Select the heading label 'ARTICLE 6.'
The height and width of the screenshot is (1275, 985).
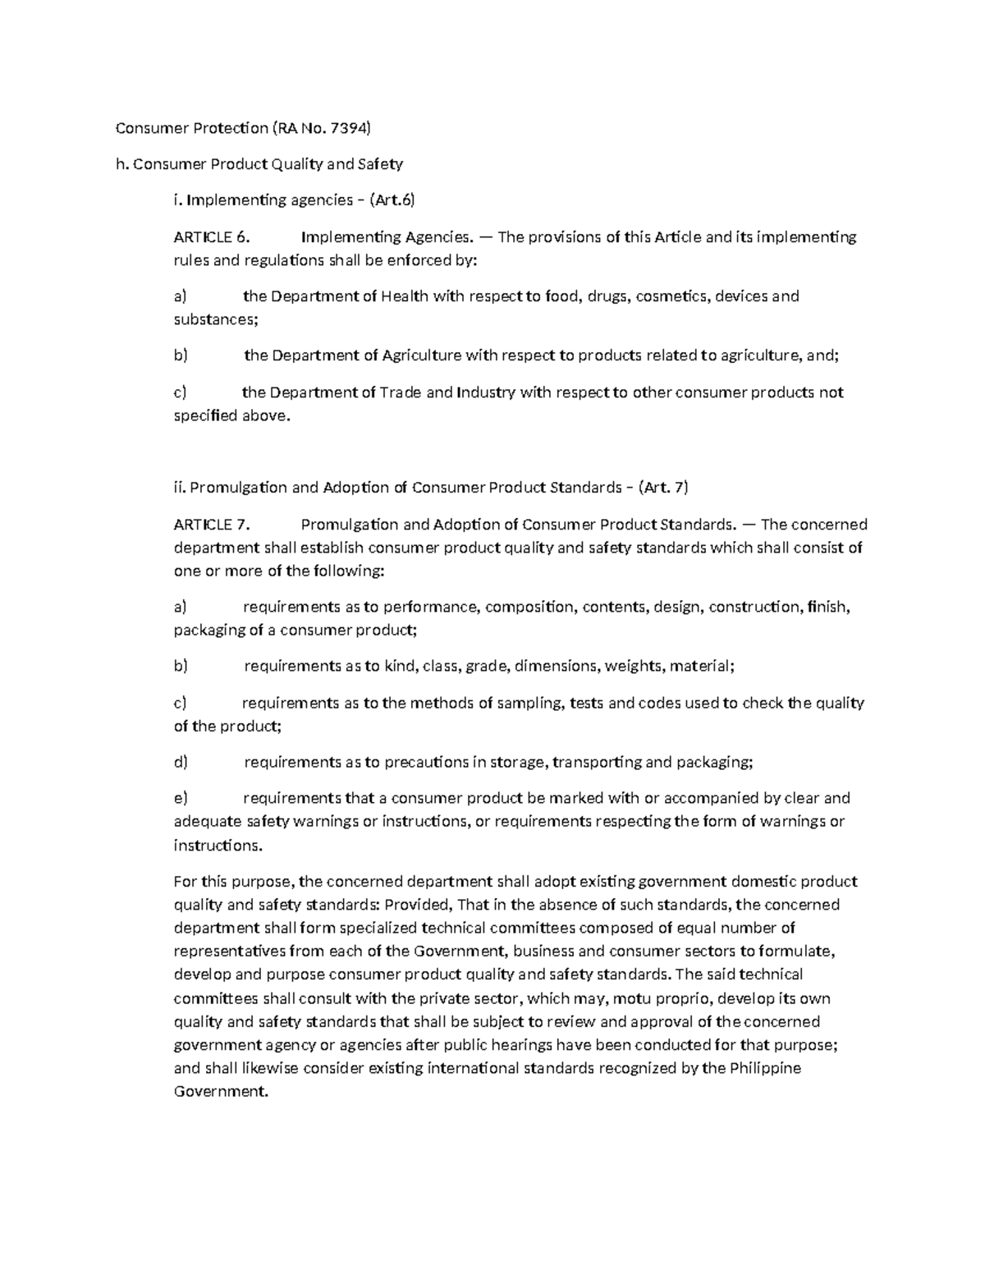210,237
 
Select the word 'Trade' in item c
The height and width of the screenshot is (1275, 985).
401,392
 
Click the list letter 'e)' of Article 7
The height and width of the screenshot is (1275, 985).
181,798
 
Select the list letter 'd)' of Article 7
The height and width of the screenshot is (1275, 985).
181,763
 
